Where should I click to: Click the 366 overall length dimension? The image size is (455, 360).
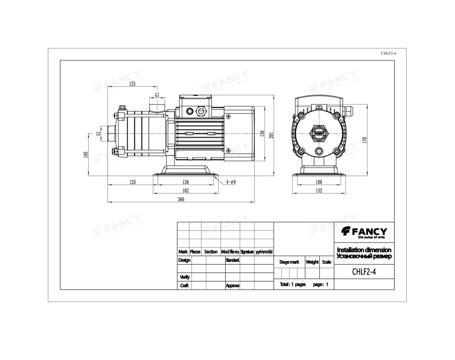(181, 199)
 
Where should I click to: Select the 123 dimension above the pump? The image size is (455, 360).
(132, 84)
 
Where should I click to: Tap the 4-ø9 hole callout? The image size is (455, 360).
(231, 182)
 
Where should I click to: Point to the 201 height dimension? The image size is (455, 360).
(271, 135)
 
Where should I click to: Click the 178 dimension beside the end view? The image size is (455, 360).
(364, 140)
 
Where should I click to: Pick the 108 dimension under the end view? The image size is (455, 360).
(319, 182)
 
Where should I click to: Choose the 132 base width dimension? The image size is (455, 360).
(319, 191)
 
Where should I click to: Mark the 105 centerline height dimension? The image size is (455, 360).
(86, 155)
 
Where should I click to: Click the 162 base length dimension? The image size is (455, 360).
(185, 191)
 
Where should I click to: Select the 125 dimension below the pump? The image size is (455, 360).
(133, 182)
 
